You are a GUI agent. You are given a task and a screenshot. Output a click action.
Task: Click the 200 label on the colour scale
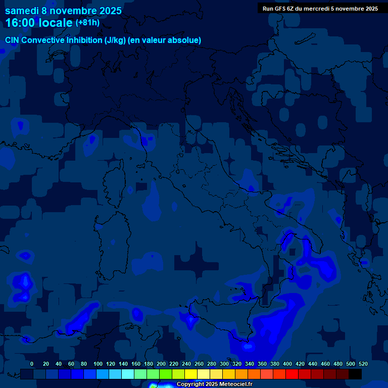[x=161, y=364]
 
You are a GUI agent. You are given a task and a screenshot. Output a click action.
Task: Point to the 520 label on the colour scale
[x=363, y=364]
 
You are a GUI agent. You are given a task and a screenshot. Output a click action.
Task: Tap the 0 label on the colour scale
[x=32, y=364]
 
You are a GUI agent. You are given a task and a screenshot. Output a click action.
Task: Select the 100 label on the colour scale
[x=98, y=364]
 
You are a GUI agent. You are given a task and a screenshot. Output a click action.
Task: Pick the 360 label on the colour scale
[x=262, y=364]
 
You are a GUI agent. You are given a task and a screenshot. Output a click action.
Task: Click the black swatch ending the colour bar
[x=355, y=374]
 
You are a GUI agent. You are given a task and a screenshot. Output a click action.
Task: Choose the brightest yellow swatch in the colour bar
[x=191, y=374]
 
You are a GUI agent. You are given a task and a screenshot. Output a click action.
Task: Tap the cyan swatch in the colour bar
[x=128, y=374]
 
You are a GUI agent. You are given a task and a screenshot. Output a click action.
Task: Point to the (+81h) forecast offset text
[x=87, y=23]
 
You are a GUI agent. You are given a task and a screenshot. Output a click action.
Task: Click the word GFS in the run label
[x=280, y=8]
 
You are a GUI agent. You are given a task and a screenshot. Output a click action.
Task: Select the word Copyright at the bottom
[x=191, y=384]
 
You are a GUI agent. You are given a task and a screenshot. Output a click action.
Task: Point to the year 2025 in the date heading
[x=107, y=11]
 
